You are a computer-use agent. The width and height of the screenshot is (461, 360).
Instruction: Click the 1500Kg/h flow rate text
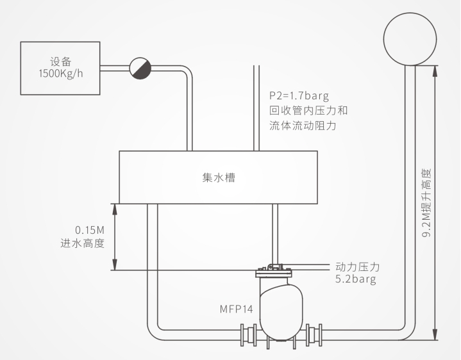[x=61, y=74]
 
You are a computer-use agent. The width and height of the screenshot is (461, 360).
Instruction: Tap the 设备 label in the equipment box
[x=61, y=62]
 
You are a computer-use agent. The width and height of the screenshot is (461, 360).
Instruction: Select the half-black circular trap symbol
[x=140, y=68]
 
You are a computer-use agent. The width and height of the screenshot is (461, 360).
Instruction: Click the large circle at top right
[x=410, y=39]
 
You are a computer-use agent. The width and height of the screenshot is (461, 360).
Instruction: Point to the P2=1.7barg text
[x=299, y=95]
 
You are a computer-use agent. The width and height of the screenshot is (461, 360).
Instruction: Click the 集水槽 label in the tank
[x=219, y=177]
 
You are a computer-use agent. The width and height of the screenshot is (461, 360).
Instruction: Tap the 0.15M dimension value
[x=90, y=230]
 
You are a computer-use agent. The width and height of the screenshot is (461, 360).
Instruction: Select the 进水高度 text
[x=83, y=243]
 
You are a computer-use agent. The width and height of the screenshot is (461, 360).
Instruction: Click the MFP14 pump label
[x=237, y=309]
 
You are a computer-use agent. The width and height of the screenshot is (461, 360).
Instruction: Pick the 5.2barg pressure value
[x=356, y=279]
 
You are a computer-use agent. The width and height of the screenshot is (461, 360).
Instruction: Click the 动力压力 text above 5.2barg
[x=358, y=267]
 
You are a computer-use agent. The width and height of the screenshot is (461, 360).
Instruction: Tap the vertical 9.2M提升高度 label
[x=426, y=203]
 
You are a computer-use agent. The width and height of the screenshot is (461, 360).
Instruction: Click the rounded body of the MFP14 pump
[x=281, y=311]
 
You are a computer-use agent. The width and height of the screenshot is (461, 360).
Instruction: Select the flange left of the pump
[x=249, y=334]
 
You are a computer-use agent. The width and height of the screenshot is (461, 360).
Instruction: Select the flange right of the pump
[x=314, y=334]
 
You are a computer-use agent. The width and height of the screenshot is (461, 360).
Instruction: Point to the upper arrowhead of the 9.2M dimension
[x=435, y=71]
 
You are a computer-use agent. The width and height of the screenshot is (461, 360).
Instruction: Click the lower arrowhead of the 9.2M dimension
[x=435, y=334]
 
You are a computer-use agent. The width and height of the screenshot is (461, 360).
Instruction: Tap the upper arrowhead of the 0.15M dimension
[x=115, y=209]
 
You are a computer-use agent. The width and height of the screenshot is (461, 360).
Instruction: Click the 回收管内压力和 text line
[x=308, y=111]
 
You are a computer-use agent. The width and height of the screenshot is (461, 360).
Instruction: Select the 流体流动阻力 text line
[x=303, y=126]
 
